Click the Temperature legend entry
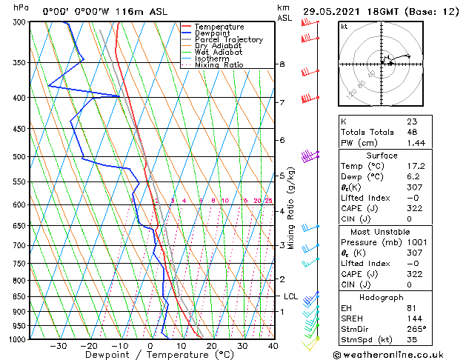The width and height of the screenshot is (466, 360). coord(219,27)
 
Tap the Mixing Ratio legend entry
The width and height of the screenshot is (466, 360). coord(219,65)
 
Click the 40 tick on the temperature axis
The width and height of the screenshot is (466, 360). coord(273,346)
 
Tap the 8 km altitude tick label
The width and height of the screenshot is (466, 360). coord(282,64)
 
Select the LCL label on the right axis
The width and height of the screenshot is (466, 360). coord(291,296)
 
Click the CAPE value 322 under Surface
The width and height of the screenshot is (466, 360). coord(413,208)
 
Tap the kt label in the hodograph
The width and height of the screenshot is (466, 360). coord(344,26)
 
